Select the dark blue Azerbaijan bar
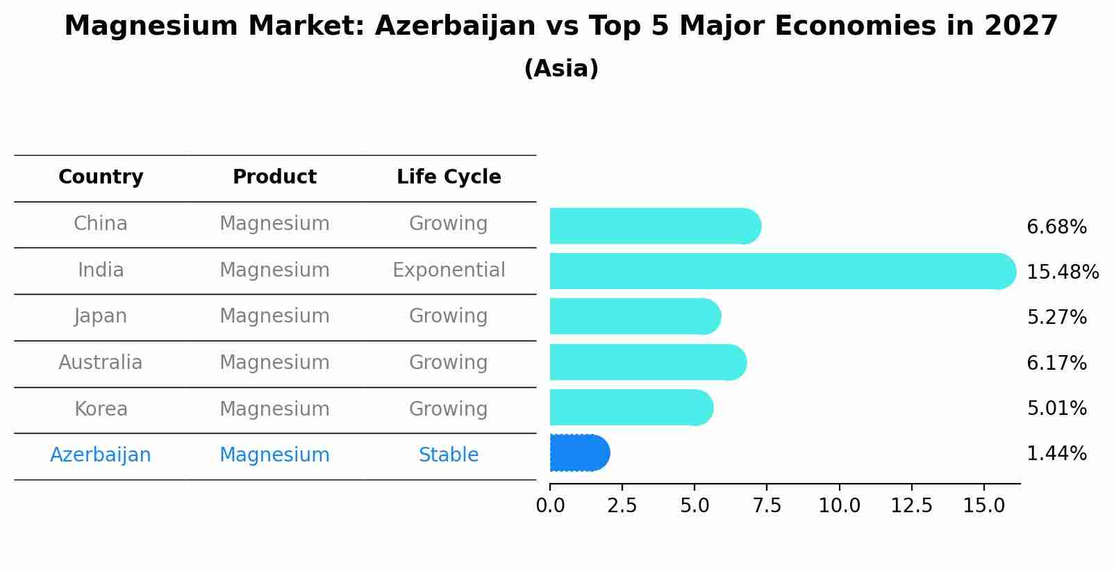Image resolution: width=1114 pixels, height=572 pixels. coord(578,453)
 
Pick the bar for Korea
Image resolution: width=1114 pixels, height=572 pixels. coord(629,407)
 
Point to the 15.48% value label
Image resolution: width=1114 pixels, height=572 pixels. coord(1062,272)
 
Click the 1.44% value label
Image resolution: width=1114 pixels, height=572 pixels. coord(1056,454)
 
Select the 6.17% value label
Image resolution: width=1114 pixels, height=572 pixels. coord(1056,363)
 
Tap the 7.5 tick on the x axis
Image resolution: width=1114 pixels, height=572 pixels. coord(767,506)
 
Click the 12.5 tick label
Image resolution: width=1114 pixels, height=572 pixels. coord(911,506)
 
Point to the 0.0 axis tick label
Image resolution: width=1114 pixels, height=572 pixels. coord(550,506)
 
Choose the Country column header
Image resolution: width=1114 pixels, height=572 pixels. coord(101,177)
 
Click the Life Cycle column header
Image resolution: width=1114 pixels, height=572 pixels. coord(449,177)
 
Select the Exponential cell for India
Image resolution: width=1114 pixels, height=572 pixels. coord(449,270)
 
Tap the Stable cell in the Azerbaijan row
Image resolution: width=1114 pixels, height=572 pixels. coord(449,455)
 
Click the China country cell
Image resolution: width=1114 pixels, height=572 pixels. coord(101,224)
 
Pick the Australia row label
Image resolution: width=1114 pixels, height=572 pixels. coord(101,363)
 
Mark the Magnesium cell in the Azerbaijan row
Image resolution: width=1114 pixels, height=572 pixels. coord(274,455)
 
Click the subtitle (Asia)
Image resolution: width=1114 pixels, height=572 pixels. coord(561,69)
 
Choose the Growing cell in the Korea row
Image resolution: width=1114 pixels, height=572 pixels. coord(449,409)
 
